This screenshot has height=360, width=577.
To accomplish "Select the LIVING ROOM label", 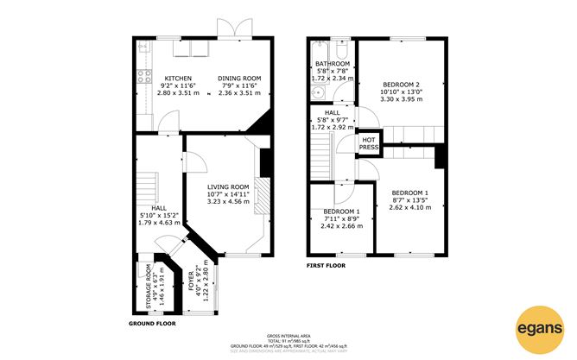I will tap(228, 186).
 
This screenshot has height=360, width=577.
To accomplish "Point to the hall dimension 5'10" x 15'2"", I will tap(159, 216).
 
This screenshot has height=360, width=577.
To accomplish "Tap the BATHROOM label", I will tap(332, 64).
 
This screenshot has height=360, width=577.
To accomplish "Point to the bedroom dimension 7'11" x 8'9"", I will tap(341, 219).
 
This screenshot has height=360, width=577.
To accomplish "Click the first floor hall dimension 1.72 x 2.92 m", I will tap(332, 127).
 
